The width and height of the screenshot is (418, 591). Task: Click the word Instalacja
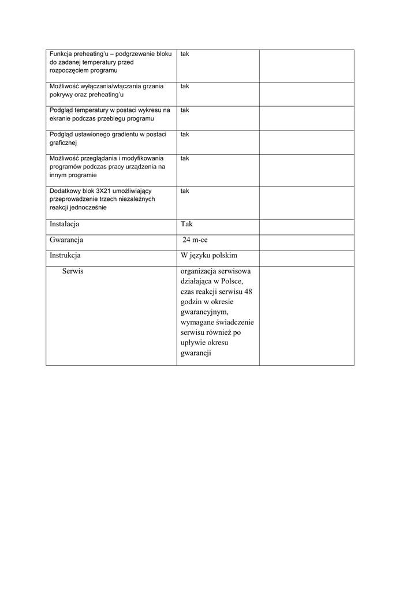[65, 224]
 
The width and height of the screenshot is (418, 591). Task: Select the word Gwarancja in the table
[67, 240]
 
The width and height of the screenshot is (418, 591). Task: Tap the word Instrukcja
[65, 255]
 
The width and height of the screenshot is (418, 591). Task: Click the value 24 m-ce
[195, 240]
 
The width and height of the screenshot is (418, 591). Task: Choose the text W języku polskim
[208, 255]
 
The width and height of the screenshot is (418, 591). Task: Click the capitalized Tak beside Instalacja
[186, 224]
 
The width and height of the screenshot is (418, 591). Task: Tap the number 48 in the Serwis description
[248, 292]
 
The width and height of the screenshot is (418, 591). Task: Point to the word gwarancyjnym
[204, 312]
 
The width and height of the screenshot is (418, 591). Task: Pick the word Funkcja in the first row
[62, 54]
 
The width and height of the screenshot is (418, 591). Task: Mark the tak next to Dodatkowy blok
[185, 190]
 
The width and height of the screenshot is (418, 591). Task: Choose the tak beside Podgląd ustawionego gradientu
[185, 134]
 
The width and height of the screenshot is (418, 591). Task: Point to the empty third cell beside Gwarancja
[307, 240]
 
